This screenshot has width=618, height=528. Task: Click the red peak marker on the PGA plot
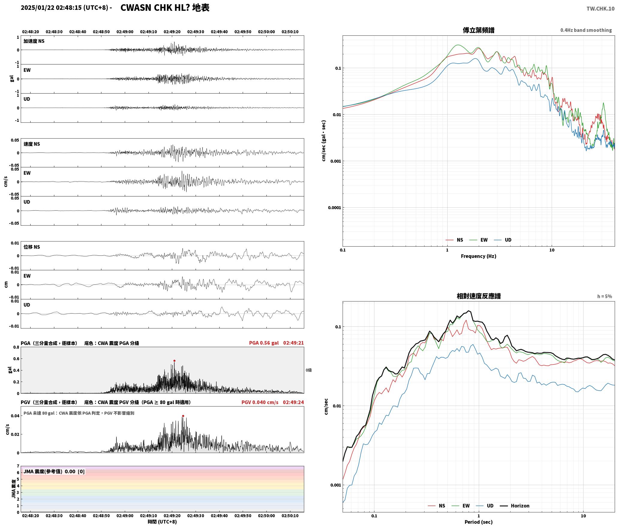[x=174, y=361]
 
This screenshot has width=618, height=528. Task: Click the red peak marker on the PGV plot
[x=183, y=416]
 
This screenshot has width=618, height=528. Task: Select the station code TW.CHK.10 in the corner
[x=600, y=9]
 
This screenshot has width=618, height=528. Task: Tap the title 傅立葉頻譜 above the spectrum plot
[x=478, y=30]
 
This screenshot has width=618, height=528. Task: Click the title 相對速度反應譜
[x=478, y=296]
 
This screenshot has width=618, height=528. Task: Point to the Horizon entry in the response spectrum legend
[x=520, y=506]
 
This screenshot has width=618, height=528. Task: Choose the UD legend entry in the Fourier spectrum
[x=508, y=240]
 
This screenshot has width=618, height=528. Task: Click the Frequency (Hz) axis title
[x=478, y=256]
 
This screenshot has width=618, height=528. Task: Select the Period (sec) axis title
[x=478, y=522]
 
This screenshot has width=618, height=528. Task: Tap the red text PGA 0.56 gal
[x=264, y=343]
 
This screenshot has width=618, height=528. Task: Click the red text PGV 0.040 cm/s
[x=260, y=402]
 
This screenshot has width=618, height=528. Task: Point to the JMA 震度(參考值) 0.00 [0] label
[x=54, y=472]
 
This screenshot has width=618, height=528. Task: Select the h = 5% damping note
[x=604, y=296]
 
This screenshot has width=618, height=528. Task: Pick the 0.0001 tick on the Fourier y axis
[x=335, y=208]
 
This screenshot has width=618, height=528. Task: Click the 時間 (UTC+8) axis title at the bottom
[x=162, y=522]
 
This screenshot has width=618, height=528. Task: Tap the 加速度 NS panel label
[x=34, y=41]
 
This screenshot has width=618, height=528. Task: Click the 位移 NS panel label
[x=31, y=247]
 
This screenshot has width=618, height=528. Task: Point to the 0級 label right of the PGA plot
[x=309, y=370]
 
